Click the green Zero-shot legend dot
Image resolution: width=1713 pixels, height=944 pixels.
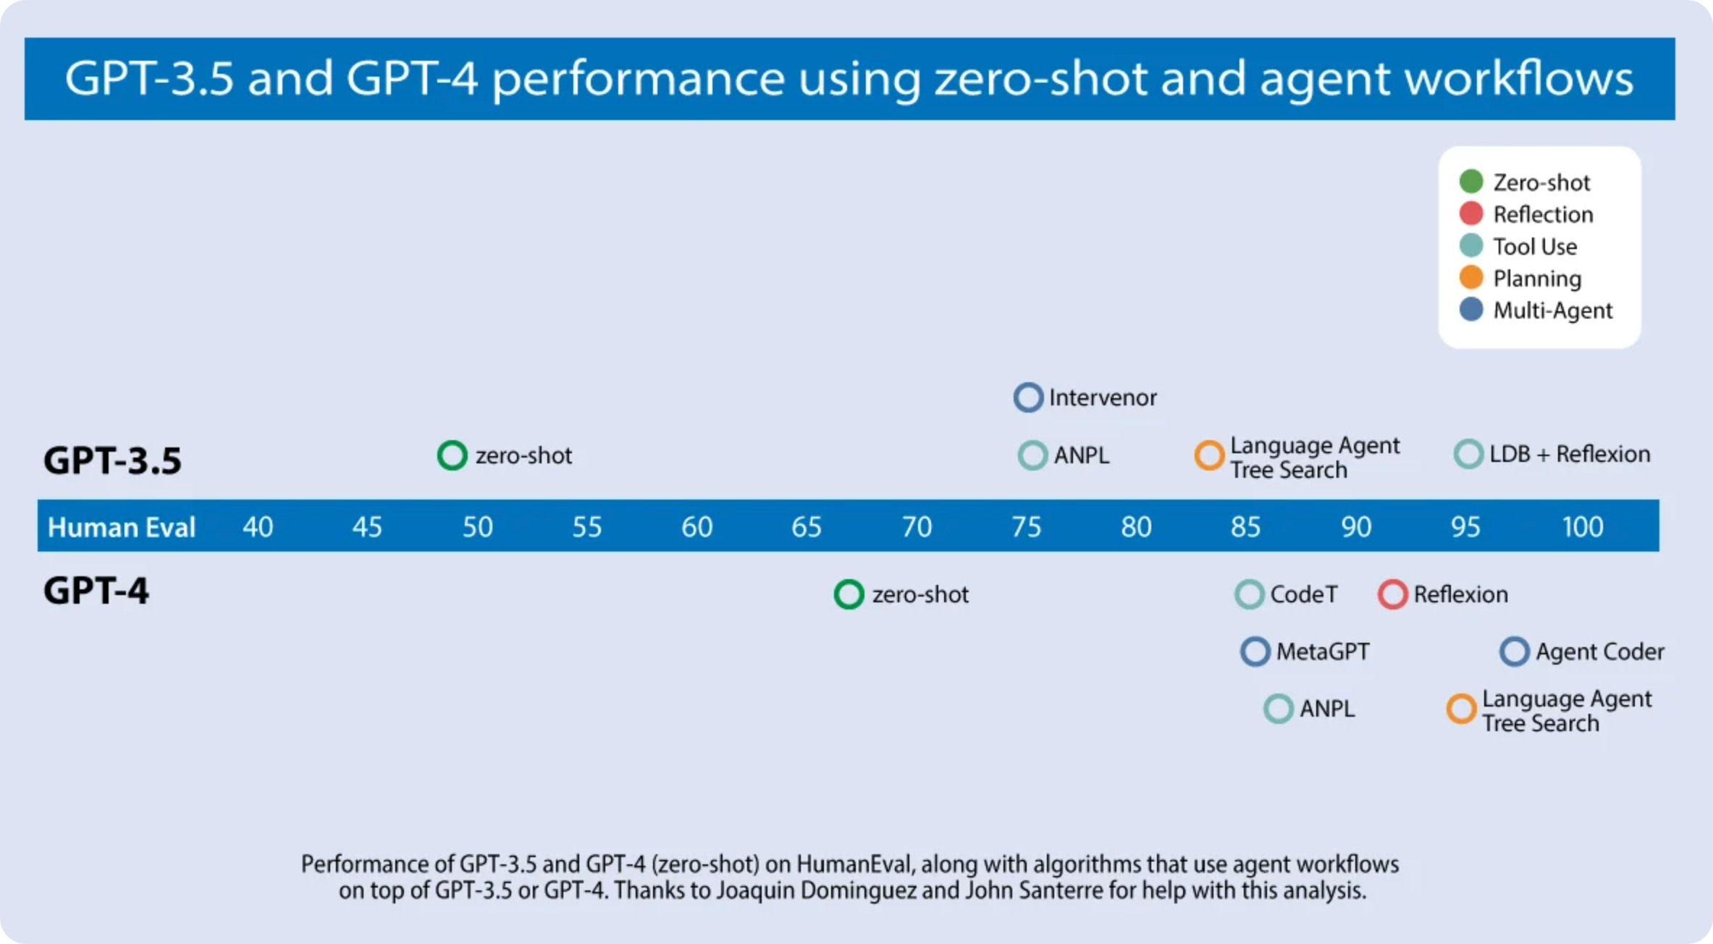1471,181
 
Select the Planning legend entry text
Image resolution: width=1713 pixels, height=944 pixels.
1537,279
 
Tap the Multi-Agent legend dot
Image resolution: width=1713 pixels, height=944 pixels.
1471,309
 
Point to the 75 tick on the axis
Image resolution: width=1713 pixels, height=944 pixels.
1027,527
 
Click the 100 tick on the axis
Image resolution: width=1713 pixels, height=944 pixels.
1583,527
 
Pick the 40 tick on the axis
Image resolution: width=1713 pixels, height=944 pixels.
258,527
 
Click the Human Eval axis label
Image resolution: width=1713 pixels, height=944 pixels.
122,527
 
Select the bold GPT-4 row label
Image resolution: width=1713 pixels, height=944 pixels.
96,591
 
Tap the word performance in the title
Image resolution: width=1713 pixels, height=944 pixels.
639,78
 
